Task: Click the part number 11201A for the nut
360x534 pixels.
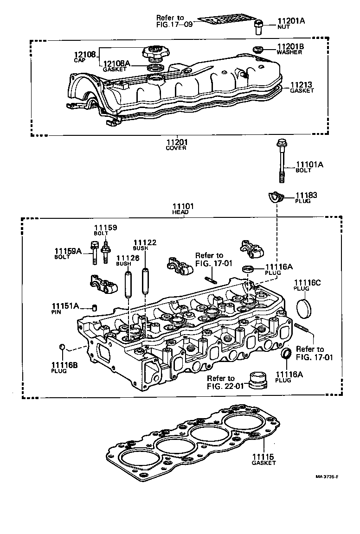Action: pos(291,21)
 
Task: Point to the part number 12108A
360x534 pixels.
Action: pos(116,64)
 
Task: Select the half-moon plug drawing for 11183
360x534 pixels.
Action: pos(276,196)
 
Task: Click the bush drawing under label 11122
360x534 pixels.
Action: pos(145,280)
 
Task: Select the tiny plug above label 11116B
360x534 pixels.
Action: pos(62,346)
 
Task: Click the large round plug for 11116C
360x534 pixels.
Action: pos(305,309)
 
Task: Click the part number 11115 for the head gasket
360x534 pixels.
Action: pos(264,457)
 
